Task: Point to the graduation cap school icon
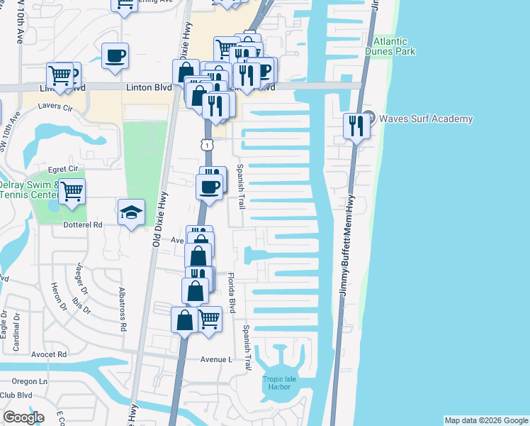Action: click(131, 212)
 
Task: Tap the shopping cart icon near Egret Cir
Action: click(72, 191)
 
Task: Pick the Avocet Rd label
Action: click(49, 354)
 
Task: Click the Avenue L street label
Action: click(216, 359)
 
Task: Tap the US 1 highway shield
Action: click(205, 145)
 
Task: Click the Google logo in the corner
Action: click(23, 417)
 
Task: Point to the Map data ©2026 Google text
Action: click(486, 420)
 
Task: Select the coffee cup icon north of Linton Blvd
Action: click(115, 55)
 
